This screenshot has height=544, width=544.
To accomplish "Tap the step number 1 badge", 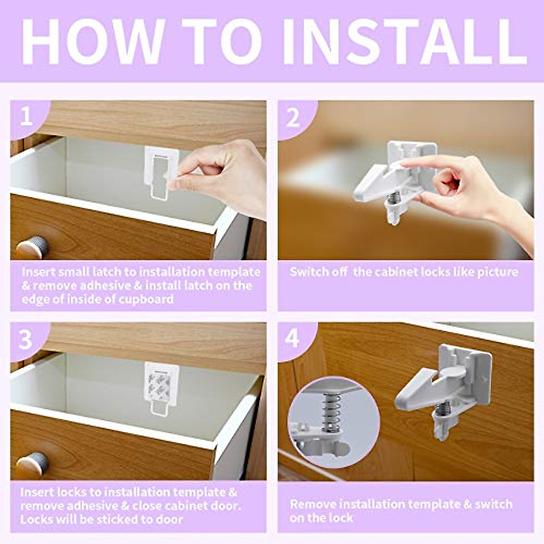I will tap(26, 117).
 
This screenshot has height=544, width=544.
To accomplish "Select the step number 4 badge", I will tap(293, 338).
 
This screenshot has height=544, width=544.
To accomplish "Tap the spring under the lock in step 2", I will tap(394, 198).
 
